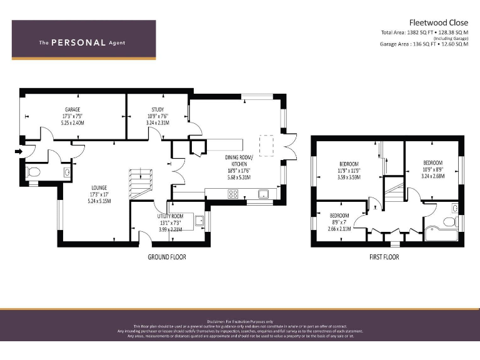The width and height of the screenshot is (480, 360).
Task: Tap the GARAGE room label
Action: click(x=72, y=109)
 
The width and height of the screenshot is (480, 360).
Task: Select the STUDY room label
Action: click(x=157, y=109)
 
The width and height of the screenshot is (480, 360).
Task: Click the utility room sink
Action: click(x=199, y=220)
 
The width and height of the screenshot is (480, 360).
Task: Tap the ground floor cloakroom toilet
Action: click(x=33, y=171)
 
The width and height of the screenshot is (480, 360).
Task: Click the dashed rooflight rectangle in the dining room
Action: click(x=267, y=144)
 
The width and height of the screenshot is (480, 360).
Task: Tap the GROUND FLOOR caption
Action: click(x=166, y=257)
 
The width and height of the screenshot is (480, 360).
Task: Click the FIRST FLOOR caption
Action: click(x=384, y=257)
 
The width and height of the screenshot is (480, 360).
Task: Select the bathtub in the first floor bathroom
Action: click(x=441, y=235)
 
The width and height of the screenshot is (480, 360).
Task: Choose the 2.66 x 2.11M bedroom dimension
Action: click(x=339, y=229)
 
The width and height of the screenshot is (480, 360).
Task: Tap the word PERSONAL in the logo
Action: click(x=78, y=42)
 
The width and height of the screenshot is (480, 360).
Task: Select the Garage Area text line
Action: click(x=424, y=44)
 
